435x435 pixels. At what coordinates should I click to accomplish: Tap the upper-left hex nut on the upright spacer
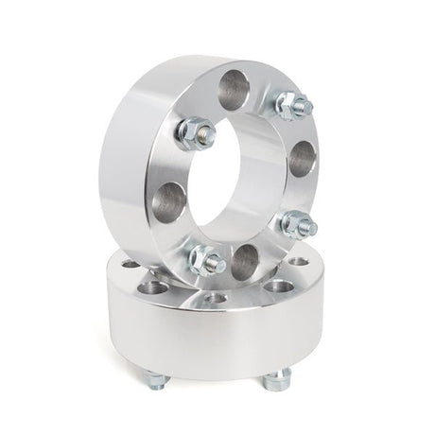pos(196,132)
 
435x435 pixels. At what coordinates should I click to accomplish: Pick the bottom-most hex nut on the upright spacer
pos(206,258)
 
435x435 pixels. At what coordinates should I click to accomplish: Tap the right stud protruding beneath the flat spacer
pos(276,380)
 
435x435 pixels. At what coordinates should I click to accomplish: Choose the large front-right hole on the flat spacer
pos(278,286)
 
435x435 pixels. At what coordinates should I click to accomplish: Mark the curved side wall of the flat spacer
pos(217,340)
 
